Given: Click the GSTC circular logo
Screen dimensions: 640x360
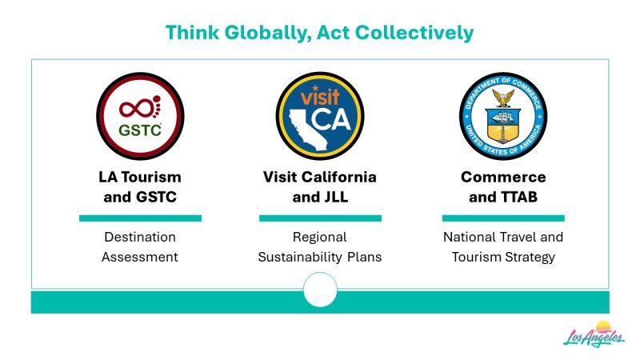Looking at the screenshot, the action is [x=140, y=116].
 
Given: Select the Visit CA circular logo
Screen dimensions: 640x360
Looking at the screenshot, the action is [x=320, y=116].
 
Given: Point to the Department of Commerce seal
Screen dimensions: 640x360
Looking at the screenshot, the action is [x=503, y=116].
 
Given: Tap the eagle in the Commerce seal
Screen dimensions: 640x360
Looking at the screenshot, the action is [x=503, y=98].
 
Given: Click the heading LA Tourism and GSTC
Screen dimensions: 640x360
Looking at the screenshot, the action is [x=140, y=187].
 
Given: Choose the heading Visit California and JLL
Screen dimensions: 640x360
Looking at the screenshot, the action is [x=320, y=187].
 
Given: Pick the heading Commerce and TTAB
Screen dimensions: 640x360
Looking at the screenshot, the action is [x=503, y=187].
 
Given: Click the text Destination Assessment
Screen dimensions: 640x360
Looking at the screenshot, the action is [x=140, y=247].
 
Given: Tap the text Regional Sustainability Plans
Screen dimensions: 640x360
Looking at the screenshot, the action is [x=320, y=247].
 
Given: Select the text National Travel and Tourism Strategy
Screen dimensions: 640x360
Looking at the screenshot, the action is [x=503, y=247].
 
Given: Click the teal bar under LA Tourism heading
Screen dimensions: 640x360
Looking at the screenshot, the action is [x=141, y=218].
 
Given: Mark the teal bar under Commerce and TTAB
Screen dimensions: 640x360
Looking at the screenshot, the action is [x=503, y=218].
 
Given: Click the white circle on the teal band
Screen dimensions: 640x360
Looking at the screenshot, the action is [x=321, y=290].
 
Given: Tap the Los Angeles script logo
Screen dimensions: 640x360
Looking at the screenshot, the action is [x=594, y=335].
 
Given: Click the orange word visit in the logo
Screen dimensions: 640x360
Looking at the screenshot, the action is [x=320, y=97].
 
